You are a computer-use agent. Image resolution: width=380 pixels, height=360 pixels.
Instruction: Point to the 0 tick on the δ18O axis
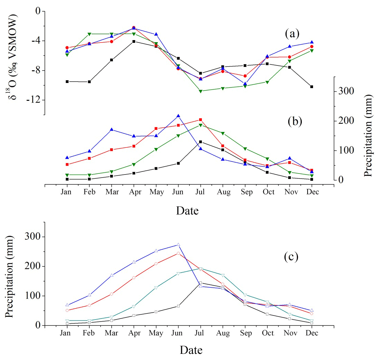[38, 11]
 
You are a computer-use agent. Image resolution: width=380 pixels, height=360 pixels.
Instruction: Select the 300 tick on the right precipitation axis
[344, 91]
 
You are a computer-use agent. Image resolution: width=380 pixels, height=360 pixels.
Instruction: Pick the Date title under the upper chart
[187, 210]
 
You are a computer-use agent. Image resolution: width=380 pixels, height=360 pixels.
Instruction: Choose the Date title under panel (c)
[191, 350]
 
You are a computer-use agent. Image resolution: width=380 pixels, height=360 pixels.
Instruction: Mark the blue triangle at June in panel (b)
[178, 116]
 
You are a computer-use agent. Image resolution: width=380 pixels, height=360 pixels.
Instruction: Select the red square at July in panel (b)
[200, 120]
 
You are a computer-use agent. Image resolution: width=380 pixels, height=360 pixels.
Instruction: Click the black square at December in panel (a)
[312, 87]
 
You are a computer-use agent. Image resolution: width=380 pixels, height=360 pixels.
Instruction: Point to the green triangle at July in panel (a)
[200, 91]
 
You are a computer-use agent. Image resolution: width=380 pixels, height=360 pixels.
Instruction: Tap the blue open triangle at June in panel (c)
[178, 244]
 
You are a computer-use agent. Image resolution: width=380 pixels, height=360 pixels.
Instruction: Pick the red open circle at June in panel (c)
[178, 253]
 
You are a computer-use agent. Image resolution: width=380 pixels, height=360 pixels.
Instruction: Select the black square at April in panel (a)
[134, 41]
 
